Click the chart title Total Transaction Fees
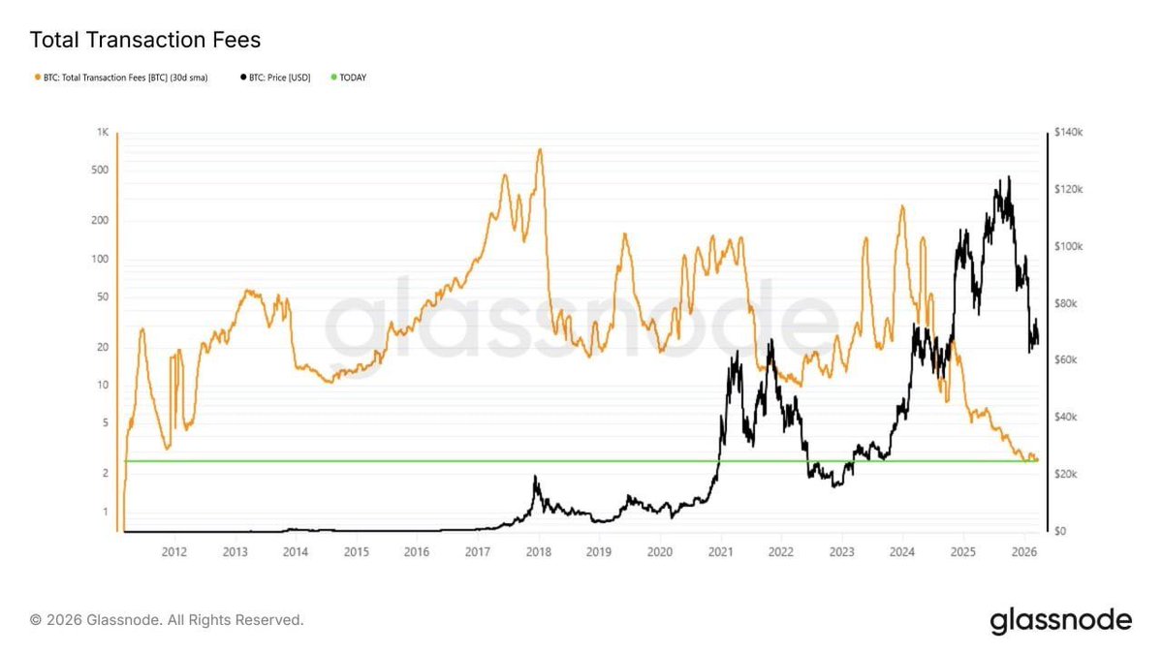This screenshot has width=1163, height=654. (x=145, y=41)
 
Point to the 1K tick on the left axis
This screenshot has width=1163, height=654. (x=102, y=132)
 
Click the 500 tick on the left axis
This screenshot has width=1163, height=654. (x=100, y=170)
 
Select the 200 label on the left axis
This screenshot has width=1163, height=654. (x=100, y=220)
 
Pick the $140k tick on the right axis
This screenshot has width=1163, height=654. (x=1073, y=132)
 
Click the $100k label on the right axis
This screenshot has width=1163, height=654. (x=1073, y=246)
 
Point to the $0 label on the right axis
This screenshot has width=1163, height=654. (x=1065, y=531)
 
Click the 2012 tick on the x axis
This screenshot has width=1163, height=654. (x=174, y=551)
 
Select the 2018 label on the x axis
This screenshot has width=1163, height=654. (x=538, y=551)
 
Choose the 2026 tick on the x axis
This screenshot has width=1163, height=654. (x=1024, y=551)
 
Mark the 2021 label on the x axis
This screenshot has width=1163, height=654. (x=720, y=551)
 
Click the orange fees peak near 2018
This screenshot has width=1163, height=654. (x=540, y=150)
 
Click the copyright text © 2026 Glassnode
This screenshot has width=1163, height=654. (x=167, y=619)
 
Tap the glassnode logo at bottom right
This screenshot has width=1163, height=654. (x=1060, y=620)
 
